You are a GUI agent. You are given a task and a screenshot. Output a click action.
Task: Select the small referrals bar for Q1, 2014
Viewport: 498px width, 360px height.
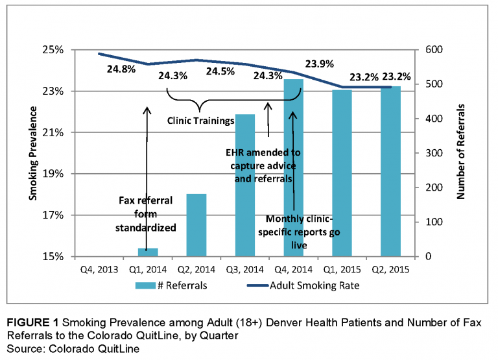(x=148, y=252)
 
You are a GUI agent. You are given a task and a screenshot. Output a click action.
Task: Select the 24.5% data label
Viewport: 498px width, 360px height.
(x=220, y=72)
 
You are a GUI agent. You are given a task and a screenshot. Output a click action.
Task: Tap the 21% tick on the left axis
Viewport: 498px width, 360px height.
(x=54, y=132)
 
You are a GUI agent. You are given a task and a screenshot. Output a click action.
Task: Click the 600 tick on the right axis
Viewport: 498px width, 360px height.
(x=434, y=50)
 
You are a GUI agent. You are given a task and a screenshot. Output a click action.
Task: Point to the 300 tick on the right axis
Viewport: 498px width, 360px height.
(x=434, y=153)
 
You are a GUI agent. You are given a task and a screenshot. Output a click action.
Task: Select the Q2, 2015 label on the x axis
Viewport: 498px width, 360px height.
(x=390, y=269)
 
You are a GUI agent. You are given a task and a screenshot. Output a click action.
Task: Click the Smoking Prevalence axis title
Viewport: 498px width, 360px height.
(x=32, y=153)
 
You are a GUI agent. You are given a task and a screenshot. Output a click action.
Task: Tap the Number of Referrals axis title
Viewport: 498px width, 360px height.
(x=462, y=153)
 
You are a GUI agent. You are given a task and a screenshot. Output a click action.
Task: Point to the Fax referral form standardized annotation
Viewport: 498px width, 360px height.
(x=147, y=214)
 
